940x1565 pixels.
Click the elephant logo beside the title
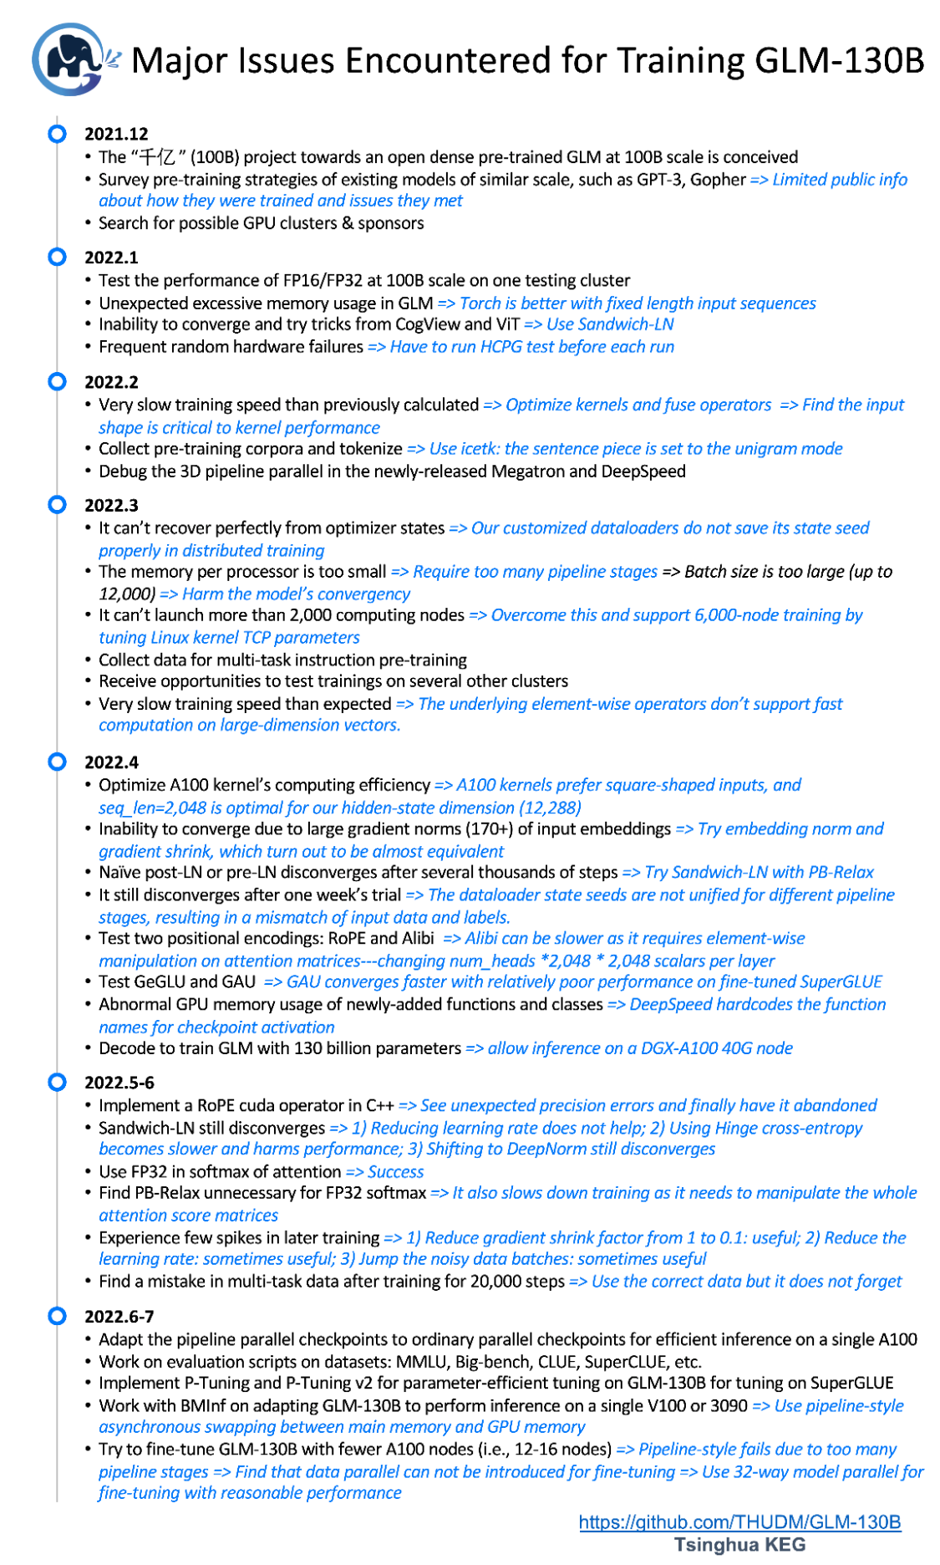[69, 59]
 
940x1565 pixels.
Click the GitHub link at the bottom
[739, 1522]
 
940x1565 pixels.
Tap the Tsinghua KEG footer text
[739, 1544]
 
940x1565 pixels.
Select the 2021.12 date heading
[116, 134]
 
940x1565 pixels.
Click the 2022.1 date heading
[111, 257]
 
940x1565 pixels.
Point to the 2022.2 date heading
[111, 382]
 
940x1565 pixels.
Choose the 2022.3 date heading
[111, 505]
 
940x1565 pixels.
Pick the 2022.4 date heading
[111, 762]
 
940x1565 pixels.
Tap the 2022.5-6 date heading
[119, 1083]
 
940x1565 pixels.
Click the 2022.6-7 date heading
[119, 1317]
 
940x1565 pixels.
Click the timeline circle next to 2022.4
[57, 762]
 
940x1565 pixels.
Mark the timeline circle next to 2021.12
[57, 133]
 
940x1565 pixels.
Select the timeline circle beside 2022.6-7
[57, 1316]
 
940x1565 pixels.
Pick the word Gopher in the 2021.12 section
[718, 180]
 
